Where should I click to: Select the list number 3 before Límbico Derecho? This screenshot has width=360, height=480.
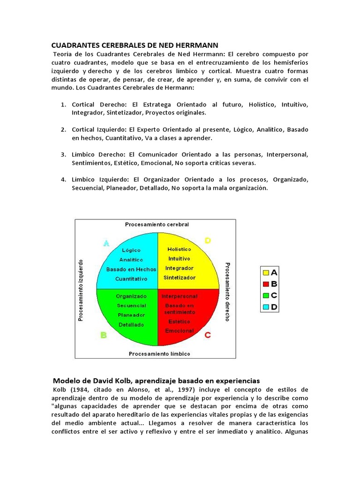(x=63, y=154)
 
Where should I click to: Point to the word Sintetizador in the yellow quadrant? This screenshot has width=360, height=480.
(x=179, y=277)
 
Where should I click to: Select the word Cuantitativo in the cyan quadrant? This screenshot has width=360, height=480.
(x=131, y=278)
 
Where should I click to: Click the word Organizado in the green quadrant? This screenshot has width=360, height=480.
(x=131, y=296)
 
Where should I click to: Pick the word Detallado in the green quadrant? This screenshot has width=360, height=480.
(x=131, y=324)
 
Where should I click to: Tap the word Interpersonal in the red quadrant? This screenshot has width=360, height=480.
(x=180, y=296)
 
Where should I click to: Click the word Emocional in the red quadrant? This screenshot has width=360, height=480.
(x=179, y=330)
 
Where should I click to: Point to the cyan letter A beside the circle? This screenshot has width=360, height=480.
(x=106, y=243)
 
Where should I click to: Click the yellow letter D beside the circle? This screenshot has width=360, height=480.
(x=208, y=241)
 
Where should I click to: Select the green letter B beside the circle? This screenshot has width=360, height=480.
(x=104, y=335)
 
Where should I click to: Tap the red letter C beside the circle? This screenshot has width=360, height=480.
(x=208, y=335)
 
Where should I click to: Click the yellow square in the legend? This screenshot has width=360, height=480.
(x=266, y=272)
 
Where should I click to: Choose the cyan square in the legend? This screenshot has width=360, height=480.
(x=266, y=307)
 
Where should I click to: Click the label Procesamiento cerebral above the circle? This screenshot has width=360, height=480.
(x=157, y=225)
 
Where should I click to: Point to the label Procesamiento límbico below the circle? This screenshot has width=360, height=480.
(x=159, y=353)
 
